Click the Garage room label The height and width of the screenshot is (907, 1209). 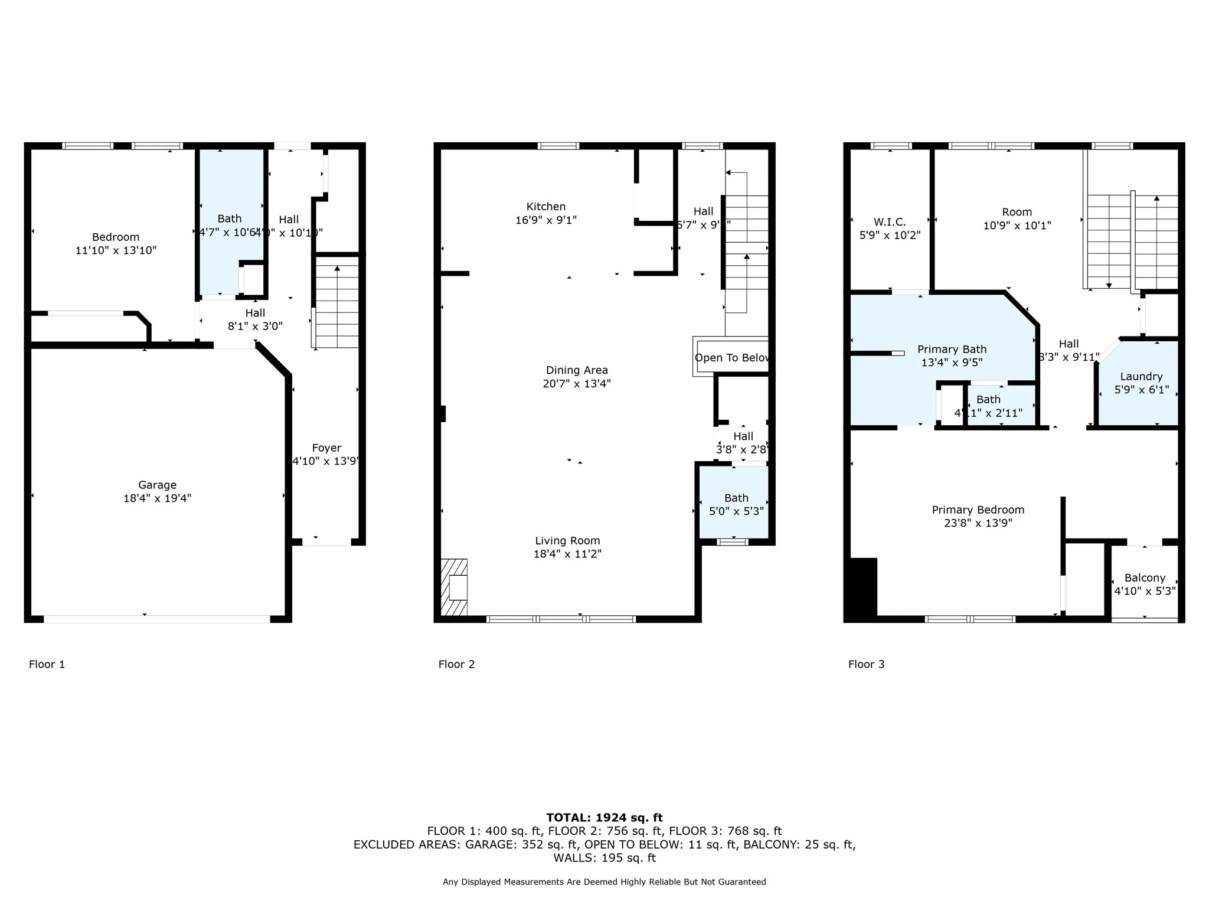pos(157,485)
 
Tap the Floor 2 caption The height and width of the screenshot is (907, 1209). pos(456,664)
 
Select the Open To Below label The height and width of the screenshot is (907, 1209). pos(731,358)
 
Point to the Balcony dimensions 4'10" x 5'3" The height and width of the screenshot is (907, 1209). pos(1145,591)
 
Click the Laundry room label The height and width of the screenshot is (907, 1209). pos(1141,377)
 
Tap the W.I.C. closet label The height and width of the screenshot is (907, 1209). pos(890,222)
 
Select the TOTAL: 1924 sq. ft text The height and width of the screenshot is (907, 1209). pos(604,818)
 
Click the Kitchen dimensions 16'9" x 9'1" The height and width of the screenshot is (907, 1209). pos(545,220)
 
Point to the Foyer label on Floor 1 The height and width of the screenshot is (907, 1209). pos(326,448)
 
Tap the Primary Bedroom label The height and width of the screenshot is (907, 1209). pos(978,510)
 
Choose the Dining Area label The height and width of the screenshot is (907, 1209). pos(577,370)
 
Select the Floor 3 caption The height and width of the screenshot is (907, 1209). pos(866,664)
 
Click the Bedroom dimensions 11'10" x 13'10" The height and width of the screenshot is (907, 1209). pos(116,250)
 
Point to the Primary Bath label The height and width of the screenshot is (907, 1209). pos(952,350)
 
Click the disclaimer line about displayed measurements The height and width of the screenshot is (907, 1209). pos(604,882)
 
